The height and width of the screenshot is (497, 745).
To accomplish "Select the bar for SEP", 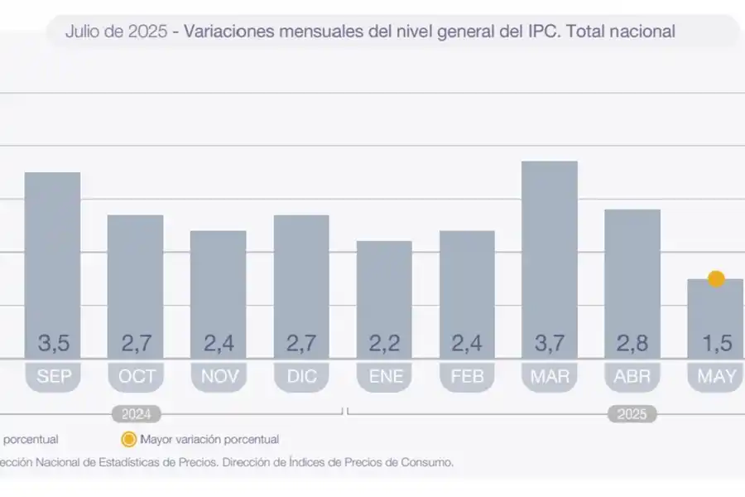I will pos(53,257).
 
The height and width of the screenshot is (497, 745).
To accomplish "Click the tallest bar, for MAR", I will pos(550,248).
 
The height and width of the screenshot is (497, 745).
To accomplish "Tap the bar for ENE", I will pos(384,290).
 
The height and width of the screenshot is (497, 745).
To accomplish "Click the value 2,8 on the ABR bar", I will pos(632,342).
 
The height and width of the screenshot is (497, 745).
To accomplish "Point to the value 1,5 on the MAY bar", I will pos(716,342).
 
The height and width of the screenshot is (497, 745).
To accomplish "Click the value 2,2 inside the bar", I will pos(384,342).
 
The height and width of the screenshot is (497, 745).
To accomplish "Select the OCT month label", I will pos(136,377).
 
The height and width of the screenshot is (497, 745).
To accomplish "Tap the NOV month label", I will pos(219,377).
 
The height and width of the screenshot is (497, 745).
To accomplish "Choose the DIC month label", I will pos(301,377).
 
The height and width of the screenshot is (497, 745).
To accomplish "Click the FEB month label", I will pos(467,377).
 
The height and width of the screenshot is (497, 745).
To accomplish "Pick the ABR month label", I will pos(632,377).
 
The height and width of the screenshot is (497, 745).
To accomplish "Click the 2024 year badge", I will pos(137,413).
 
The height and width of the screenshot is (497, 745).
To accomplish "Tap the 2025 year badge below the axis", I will pos(632,413).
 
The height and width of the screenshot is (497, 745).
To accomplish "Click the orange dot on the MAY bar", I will pos(716,279).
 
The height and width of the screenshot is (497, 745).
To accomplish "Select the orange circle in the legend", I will pos(128,440).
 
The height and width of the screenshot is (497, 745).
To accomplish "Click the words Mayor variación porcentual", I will pos(209,440).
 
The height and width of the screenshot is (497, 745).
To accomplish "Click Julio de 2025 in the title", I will pos(115,32).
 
